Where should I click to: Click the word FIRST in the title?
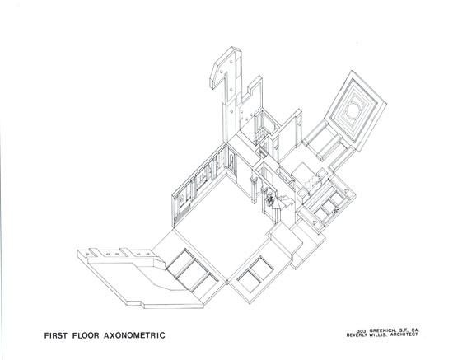(56, 335)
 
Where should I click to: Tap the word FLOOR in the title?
(86, 335)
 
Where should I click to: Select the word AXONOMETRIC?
(134, 335)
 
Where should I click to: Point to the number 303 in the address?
(362, 331)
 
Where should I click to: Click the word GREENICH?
(381, 330)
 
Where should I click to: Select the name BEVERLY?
(357, 335)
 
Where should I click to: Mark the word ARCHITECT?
(404, 334)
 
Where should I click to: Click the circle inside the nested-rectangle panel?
(353, 110)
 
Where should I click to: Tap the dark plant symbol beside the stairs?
(270, 199)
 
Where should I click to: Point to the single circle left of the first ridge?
(86, 254)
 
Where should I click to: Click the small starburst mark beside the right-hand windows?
(335, 211)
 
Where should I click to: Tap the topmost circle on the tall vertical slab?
(231, 63)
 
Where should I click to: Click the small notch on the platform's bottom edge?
(142, 304)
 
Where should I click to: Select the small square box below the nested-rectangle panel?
(321, 174)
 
